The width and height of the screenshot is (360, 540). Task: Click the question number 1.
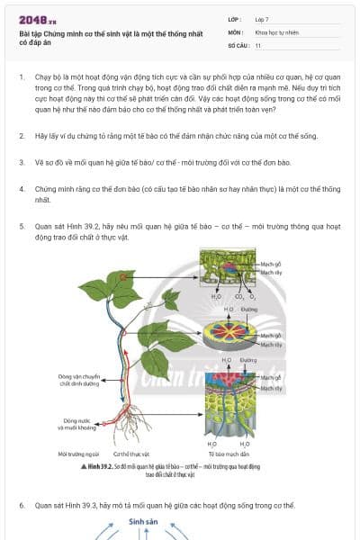click(22, 78)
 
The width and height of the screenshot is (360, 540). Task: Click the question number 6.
click(22, 506)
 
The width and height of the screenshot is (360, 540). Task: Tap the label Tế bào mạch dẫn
click(229, 454)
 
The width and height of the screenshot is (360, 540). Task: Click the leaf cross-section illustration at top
click(229, 267)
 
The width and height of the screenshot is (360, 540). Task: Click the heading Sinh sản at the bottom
click(142, 521)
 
